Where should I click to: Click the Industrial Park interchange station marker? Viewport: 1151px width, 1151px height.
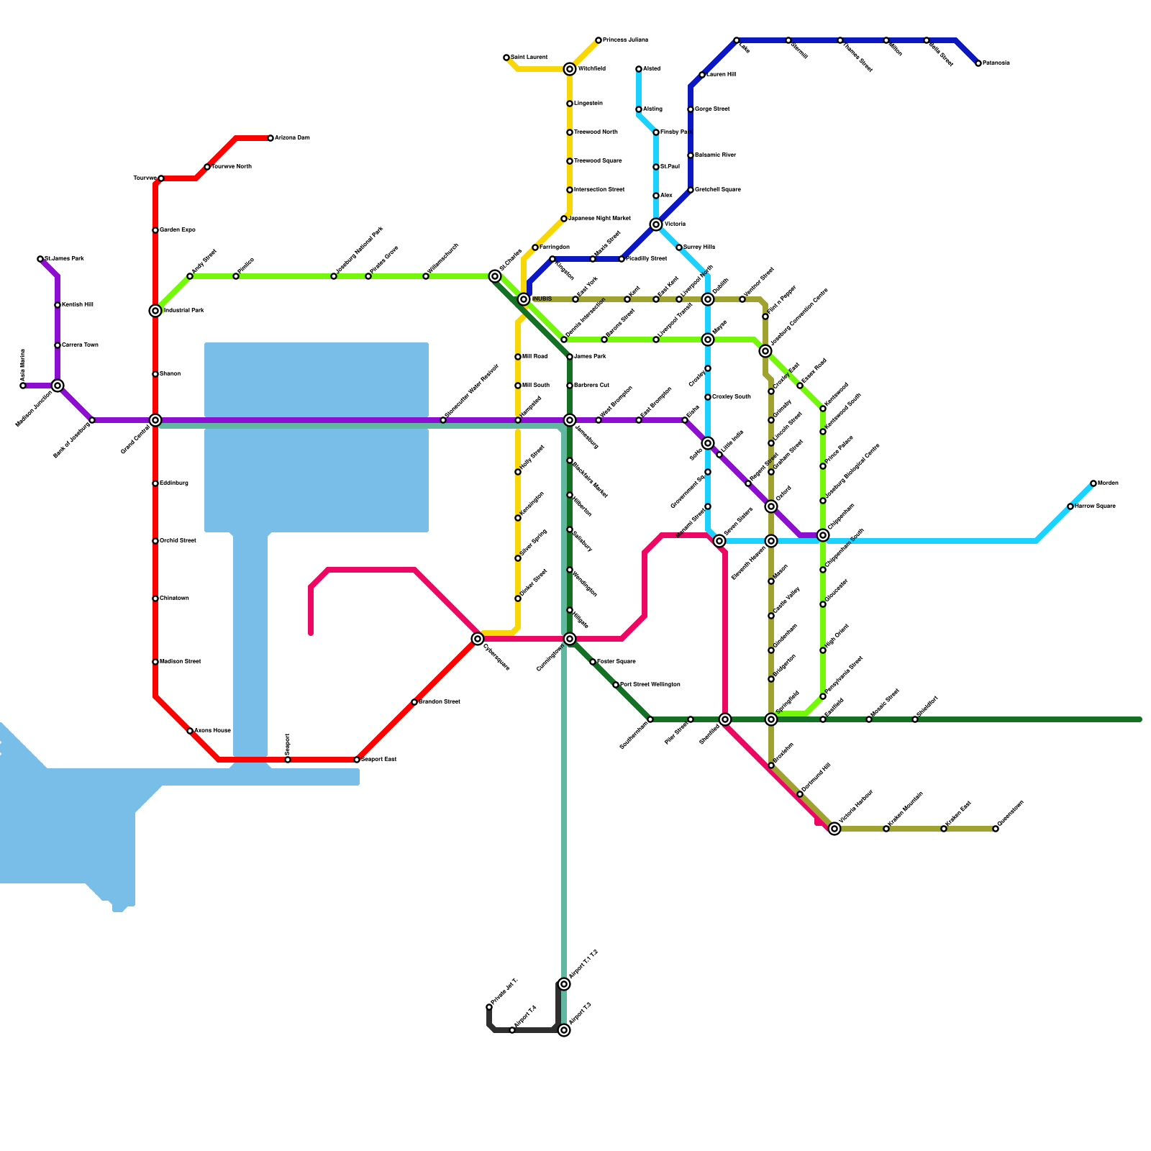coord(155,311)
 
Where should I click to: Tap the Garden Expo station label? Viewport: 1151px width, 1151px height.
coord(177,230)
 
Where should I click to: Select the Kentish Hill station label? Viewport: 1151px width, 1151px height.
coord(77,305)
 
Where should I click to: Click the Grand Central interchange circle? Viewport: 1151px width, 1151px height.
coord(155,420)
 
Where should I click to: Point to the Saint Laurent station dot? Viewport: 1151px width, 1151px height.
coord(506,58)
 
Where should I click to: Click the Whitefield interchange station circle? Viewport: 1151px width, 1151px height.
coord(570,69)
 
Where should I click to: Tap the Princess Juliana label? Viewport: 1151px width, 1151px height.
coord(624,40)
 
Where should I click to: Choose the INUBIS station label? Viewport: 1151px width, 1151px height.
coord(542,299)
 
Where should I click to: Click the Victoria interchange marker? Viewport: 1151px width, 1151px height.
coord(656,224)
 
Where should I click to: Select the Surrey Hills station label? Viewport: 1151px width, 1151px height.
coord(699,247)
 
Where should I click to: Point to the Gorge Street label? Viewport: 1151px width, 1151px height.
coord(712,109)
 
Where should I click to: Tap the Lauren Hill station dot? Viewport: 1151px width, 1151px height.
coord(702,75)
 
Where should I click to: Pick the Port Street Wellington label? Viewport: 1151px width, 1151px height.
coord(650,685)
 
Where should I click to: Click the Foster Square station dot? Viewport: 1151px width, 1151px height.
coord(593,662)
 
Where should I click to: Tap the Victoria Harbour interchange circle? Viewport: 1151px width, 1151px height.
coord(834,829)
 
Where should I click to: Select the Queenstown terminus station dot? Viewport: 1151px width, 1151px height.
coord(996,829)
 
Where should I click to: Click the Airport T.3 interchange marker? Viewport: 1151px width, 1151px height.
coord(564,1030)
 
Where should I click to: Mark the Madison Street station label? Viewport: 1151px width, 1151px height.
coord(180,662)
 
